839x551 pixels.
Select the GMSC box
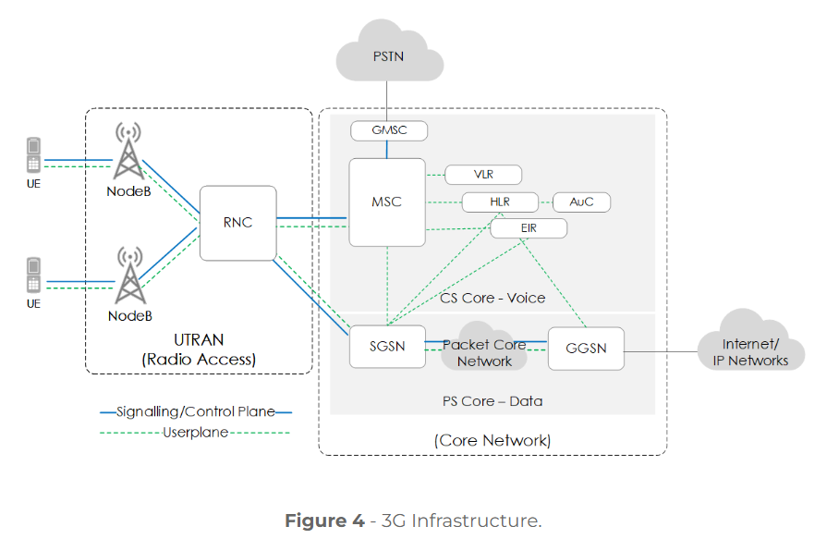pos(389,131)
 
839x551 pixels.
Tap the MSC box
pos(386,202)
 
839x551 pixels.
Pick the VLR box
pos(483,175)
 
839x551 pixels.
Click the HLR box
pos(500,202)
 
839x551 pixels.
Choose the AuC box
pos(581,202)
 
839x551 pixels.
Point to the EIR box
pos(528,227)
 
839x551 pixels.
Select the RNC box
pos(237,223)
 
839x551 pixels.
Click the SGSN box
pos(387,347)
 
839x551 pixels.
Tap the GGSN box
pos(585,349)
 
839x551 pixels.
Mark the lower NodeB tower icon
pos(129,277)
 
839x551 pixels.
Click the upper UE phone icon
pos(33,155)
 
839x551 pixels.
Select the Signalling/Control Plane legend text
pos(196,412)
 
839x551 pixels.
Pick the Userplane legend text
pos(196,432)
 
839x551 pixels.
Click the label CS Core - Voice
pos(492,298)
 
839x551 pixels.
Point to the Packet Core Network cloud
pos(485,350)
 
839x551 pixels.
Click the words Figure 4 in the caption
pos(323,520)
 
